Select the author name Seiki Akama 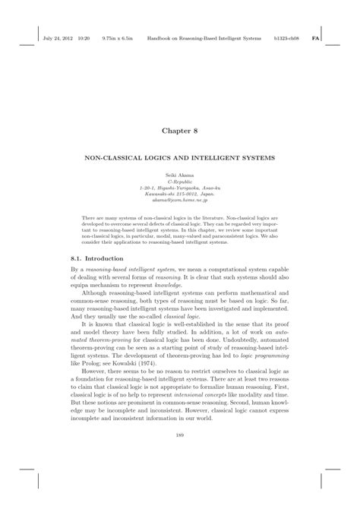[x=179, y=175]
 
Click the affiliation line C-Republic [x=179, y=181]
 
